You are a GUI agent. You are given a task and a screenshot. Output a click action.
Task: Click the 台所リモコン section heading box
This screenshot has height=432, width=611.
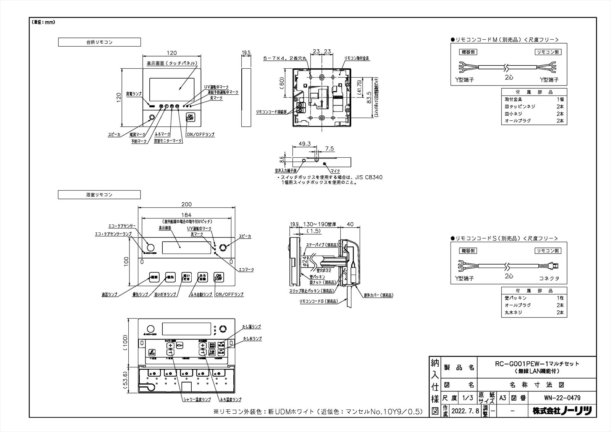click(x=99, y=42)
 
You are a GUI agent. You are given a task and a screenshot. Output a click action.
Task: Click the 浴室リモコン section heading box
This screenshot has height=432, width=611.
click(x=99, y=195)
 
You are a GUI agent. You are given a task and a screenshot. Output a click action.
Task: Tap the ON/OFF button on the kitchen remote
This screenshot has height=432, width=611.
click(x=190, y=117)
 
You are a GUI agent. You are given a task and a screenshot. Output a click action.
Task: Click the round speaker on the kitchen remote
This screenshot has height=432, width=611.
click(x=152, y=118)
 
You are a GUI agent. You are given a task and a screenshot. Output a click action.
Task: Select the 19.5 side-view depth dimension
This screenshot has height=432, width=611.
click(x=246, y=53)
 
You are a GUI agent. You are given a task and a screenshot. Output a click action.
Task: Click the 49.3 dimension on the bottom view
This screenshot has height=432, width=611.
click(x=304, y=144)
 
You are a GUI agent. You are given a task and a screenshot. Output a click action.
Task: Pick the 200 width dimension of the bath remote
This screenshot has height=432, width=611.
click(x=186, y=204)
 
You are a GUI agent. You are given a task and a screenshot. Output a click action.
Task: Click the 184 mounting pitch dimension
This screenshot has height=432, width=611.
click(x=186, y=215)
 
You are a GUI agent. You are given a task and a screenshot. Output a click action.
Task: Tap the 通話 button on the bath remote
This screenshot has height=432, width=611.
click(x=154, y=278)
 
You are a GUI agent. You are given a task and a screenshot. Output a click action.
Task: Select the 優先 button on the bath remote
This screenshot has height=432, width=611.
click(x=170, y=278)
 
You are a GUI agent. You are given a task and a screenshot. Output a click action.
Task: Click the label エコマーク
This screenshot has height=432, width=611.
click(x=246, y=270)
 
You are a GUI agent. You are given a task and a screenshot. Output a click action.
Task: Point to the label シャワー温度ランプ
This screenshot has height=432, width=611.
click(x=196, y=400)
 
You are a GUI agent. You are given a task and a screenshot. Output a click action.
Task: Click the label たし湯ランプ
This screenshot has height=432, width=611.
click(x=252, y=327)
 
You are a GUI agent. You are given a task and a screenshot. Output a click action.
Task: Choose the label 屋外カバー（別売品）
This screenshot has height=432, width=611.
click(x=378, y=295)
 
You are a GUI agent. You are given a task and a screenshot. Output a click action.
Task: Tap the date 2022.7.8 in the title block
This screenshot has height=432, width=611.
click(x=465, y=411)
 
